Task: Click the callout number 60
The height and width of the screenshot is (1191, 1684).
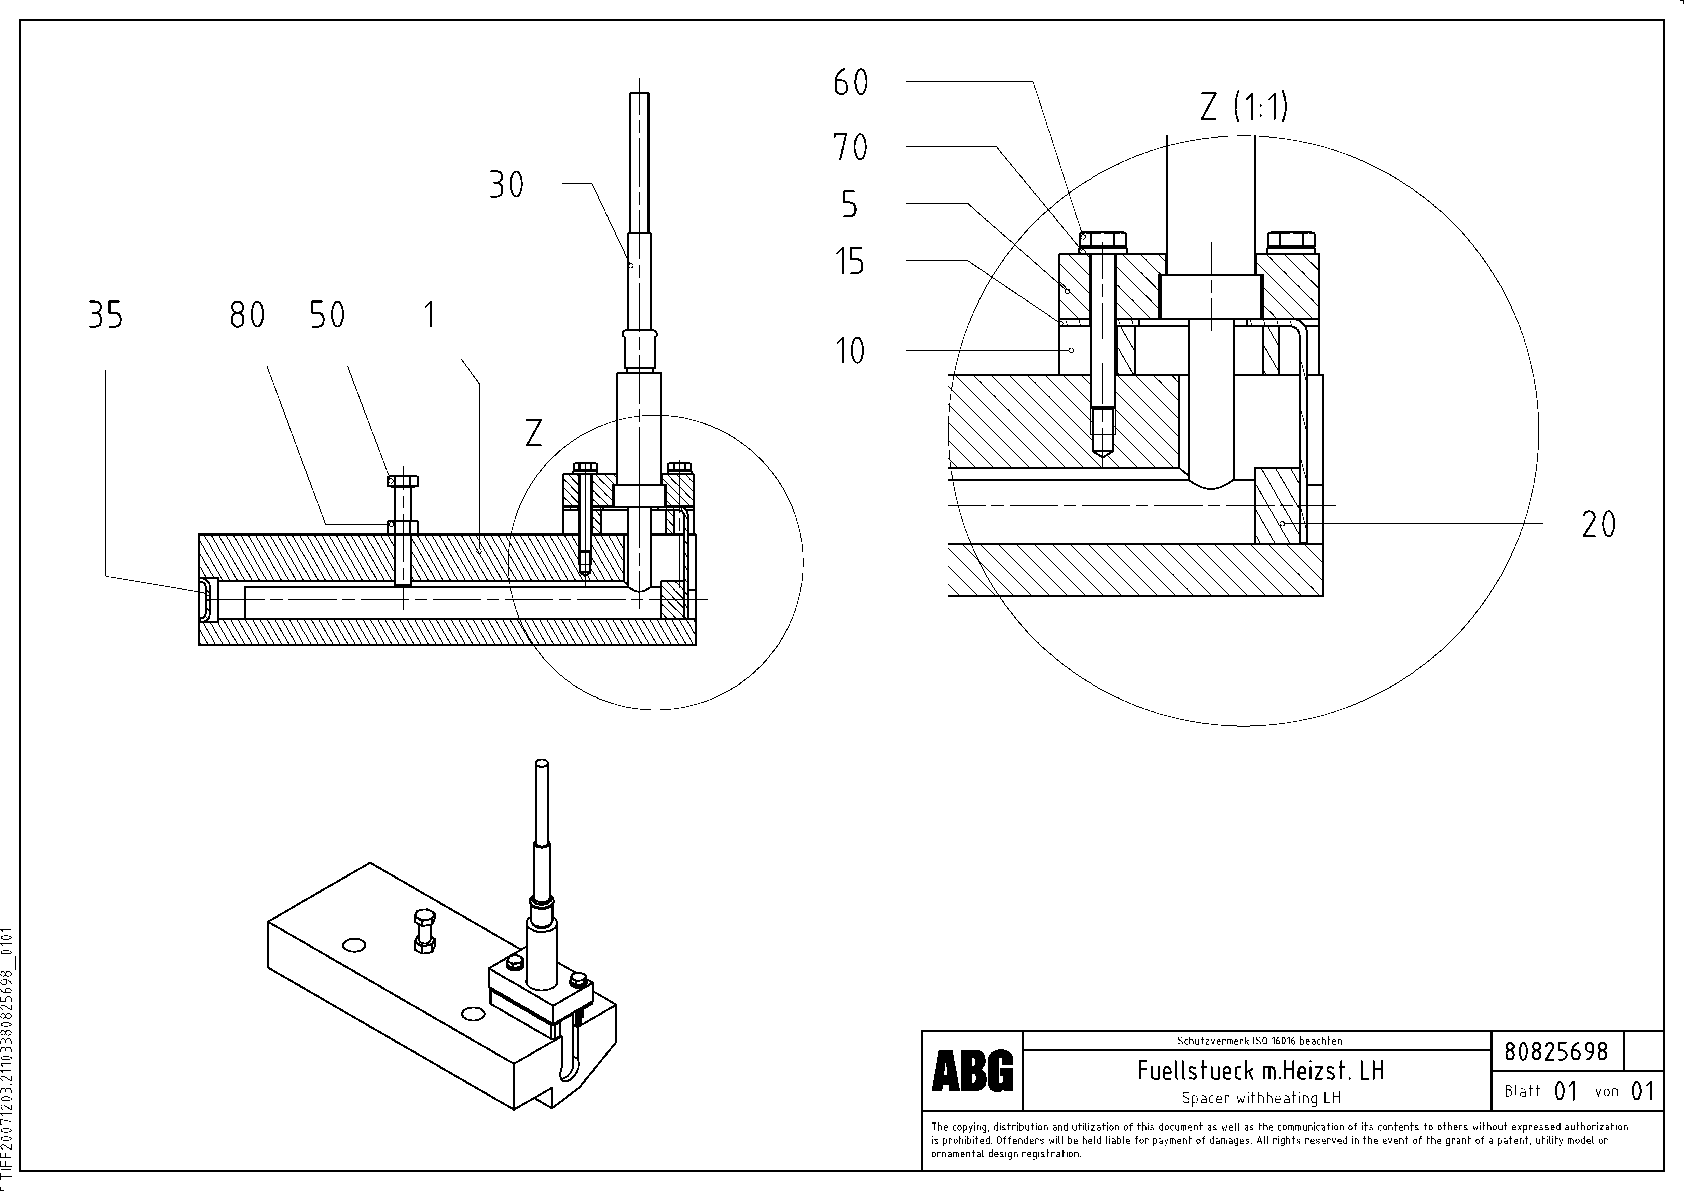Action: [x=851, y=82]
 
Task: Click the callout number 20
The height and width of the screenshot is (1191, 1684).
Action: [x=1599, y=524]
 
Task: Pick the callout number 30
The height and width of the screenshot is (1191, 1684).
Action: [x=507, y=185]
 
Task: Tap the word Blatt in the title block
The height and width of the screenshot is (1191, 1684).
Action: [x=1522, y=1091]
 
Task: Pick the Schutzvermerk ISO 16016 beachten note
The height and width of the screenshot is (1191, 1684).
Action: [x=1260, y=1041]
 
